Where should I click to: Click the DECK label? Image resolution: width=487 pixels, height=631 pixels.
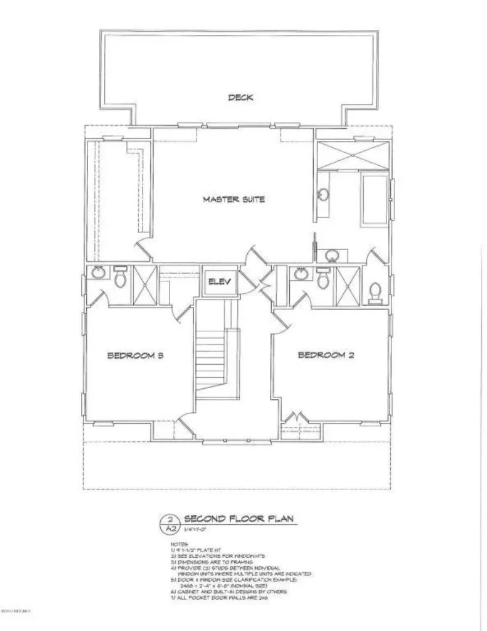[x=240, y=97]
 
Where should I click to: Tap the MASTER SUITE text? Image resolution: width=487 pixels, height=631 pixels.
[x=234, y=199]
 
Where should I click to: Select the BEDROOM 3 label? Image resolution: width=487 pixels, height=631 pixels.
[x=134, y=356]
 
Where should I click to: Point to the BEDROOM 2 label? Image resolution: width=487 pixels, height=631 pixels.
[x=325, y=355]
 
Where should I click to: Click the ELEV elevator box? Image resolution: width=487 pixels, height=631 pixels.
[x=219, y=282]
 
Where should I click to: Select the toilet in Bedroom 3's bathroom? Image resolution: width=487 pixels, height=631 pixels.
[x=121, y=279]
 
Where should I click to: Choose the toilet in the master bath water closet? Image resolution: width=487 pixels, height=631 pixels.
[x=374, y=292]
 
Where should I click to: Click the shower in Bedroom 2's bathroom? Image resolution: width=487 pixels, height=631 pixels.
[x=347, y=285]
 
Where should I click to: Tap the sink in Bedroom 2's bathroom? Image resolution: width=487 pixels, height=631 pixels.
[x=301, y=274]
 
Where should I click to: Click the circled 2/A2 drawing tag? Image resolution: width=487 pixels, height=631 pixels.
[x=171, y=524]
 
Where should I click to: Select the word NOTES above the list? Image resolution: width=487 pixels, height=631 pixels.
[x=178, y=545]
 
